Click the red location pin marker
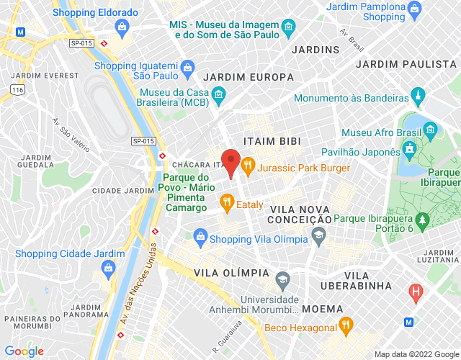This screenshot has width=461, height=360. click(x=230, y=160)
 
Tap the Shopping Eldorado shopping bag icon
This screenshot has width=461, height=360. click(x=121, y=29)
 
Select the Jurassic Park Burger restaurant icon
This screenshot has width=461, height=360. click(x=248, y=165)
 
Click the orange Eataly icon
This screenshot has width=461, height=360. click(x=226, y=204)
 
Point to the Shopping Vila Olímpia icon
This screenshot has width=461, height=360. click(x=200, y=235)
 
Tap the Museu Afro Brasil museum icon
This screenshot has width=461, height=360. click(x=431, y=130)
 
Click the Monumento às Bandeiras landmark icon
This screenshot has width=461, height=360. click(x=417, y=96)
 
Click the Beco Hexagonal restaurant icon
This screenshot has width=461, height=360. click(x=346, y=325)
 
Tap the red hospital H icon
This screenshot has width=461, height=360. click(x=415, y=292)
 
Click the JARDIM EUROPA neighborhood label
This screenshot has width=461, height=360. click(x=249, y=77)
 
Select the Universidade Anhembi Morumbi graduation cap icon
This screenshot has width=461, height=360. click(x=282, y=278)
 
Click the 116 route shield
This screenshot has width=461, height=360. click(x=18, y=89)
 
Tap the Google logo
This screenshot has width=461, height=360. click(x=24, y=351)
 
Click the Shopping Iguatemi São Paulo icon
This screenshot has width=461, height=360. click(x=187, y=68)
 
